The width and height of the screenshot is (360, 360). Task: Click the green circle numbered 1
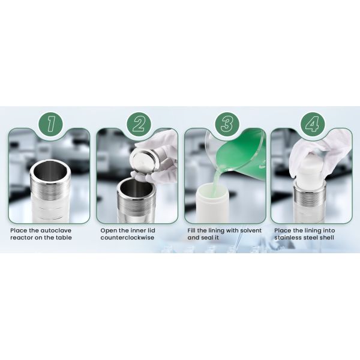point(50,124)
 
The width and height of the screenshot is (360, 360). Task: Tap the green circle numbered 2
point(139,124)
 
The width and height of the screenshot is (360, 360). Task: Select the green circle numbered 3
point(227,124)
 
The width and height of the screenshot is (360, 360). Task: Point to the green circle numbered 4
point(313,124)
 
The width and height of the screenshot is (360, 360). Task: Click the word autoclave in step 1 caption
point(56,230)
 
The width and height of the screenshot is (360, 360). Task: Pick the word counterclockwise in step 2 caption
point(127,238)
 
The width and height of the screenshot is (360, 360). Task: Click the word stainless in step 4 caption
point(289,238)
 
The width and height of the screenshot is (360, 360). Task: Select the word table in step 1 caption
point(63,238)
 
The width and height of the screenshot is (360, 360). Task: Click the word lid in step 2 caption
point(151,230)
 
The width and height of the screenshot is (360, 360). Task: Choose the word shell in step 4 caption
point(327,238)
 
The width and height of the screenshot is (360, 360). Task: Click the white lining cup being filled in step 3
point(211,202)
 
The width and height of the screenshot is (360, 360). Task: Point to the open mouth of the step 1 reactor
point(50,169)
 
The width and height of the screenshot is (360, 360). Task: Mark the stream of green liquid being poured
point(218,181)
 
